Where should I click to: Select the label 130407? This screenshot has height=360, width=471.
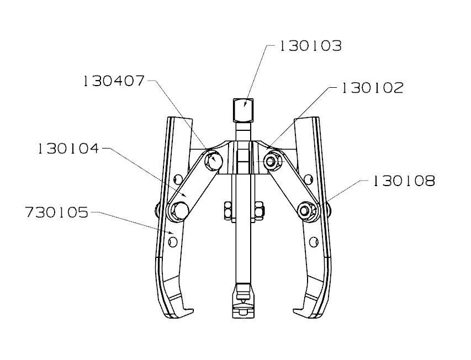coord(114,81)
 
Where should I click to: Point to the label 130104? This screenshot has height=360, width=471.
coord(68,148)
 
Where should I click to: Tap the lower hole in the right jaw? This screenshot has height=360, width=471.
coord(314,242)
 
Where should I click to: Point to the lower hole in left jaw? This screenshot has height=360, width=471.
coord(173,241)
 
